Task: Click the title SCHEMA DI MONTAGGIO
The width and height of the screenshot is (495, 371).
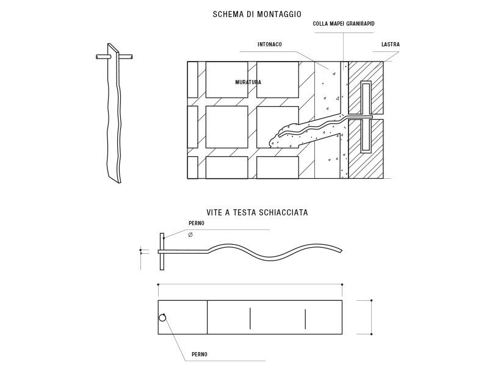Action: (257, 14)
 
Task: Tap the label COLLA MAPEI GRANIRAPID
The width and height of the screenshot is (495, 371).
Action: (344, 24)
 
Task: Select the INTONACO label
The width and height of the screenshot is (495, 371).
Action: (270, 45)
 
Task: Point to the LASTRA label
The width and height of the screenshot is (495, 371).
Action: (391, 45)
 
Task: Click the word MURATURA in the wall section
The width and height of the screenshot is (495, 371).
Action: (248, 82)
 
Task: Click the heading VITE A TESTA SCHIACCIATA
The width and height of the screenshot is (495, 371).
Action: (258, 212)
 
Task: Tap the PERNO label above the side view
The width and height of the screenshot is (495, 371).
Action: (197, 223)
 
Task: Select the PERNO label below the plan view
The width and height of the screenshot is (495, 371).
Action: (200, 355)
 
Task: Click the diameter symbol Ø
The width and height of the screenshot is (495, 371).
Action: (190, 235)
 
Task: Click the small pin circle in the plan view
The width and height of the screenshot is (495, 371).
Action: (162, 317)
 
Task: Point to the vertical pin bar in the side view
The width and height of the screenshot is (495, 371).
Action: (162, 251)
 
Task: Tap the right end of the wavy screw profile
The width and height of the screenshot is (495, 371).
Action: (341, 251)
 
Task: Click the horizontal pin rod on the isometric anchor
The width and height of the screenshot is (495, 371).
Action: (114, 57)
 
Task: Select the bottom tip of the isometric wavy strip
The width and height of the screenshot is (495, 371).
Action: (120, 182)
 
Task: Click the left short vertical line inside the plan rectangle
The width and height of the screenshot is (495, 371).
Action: (250, 319)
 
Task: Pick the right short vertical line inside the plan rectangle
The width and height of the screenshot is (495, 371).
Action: (305, 319)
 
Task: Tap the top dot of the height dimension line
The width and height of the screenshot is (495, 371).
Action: (372, 300)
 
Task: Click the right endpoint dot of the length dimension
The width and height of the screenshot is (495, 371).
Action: (342, 284)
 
